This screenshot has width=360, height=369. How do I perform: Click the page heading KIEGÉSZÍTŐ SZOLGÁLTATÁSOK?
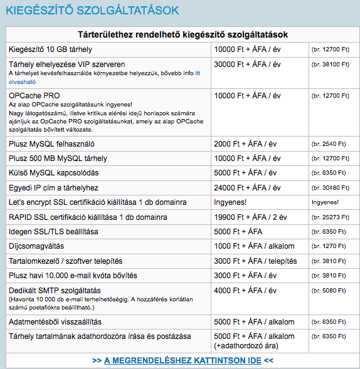(x=92, y=10)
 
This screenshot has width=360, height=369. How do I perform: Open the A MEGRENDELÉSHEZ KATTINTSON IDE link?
(x=183, y=360)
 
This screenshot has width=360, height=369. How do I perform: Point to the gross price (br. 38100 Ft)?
(x=330, y=64)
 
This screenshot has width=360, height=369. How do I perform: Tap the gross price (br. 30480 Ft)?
(x=330, y=187)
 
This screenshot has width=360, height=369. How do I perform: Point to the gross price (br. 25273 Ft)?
(x=330, y=217)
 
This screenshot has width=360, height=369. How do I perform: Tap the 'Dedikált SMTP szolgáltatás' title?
(x=55, y=291)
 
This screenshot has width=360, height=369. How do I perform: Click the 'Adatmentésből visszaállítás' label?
(x=60, y=322)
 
